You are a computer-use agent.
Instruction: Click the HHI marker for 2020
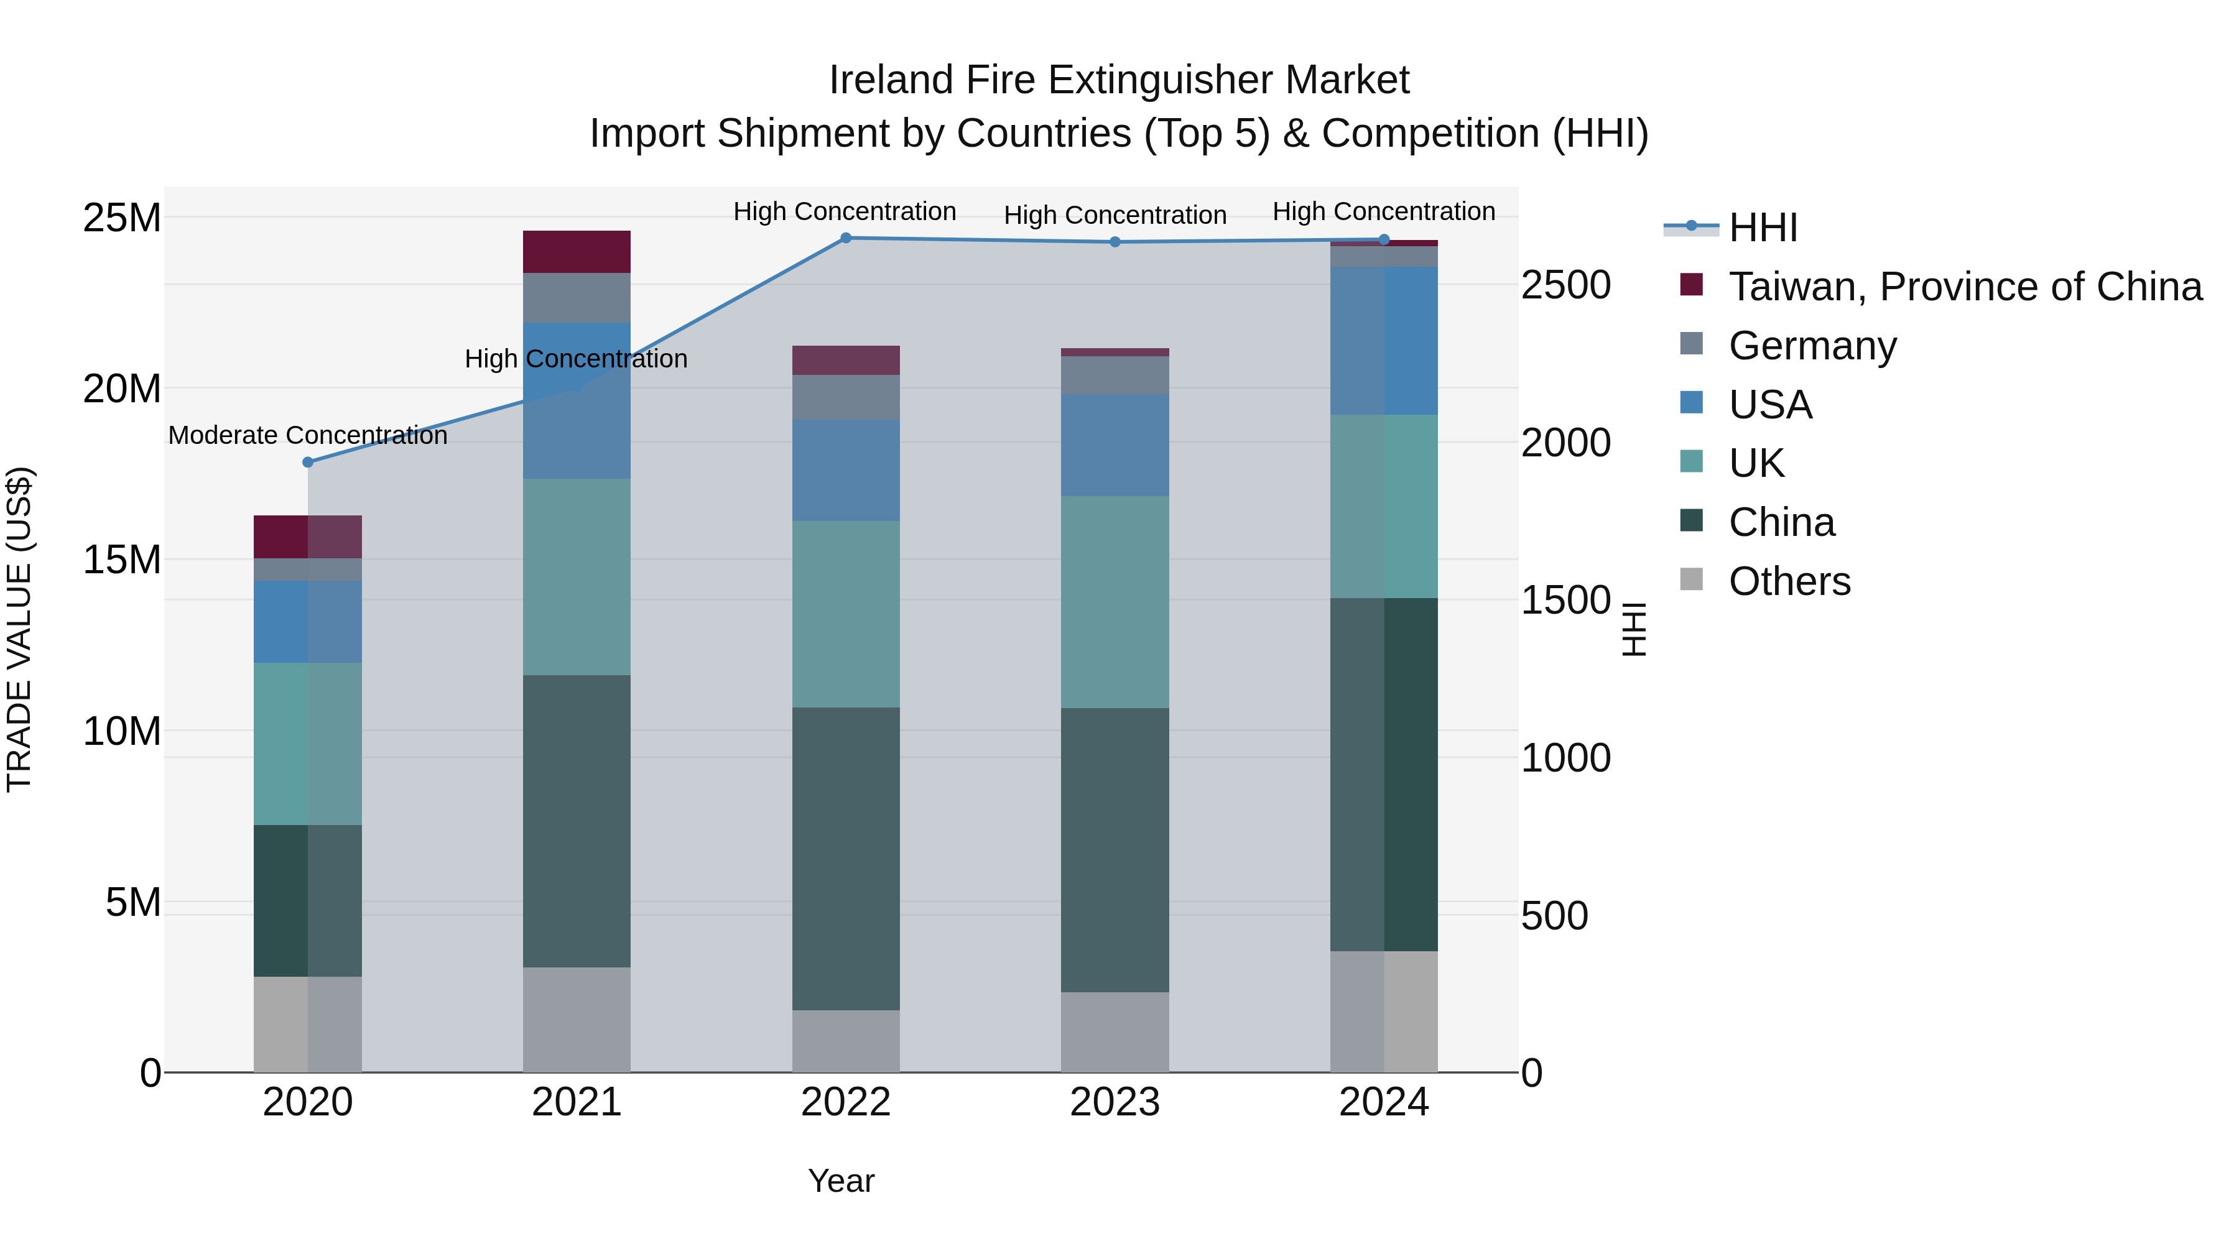point(308,462)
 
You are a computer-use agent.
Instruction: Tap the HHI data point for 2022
point(846,238)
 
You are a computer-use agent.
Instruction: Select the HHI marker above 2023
point(1115,242)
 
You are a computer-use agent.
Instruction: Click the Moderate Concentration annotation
point(308,435)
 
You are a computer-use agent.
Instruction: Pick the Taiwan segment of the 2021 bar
point(577,252)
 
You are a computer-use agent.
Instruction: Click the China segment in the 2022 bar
point(846,859)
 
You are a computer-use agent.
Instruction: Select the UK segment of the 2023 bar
point(1115,602)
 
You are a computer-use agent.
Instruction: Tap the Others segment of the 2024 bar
point(1384,1012)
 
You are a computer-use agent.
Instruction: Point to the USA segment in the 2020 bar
point(308,622)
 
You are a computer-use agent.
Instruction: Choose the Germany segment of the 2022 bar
point(846,398)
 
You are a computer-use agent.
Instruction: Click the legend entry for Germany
point(1812,346)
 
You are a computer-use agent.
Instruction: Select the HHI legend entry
point(1763,228)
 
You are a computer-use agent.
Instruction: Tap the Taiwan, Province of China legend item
point(1964,287)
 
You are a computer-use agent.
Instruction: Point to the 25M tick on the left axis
point(122,217)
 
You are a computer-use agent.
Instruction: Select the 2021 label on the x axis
point(577,1102)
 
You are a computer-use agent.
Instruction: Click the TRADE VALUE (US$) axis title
point(19,629)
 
